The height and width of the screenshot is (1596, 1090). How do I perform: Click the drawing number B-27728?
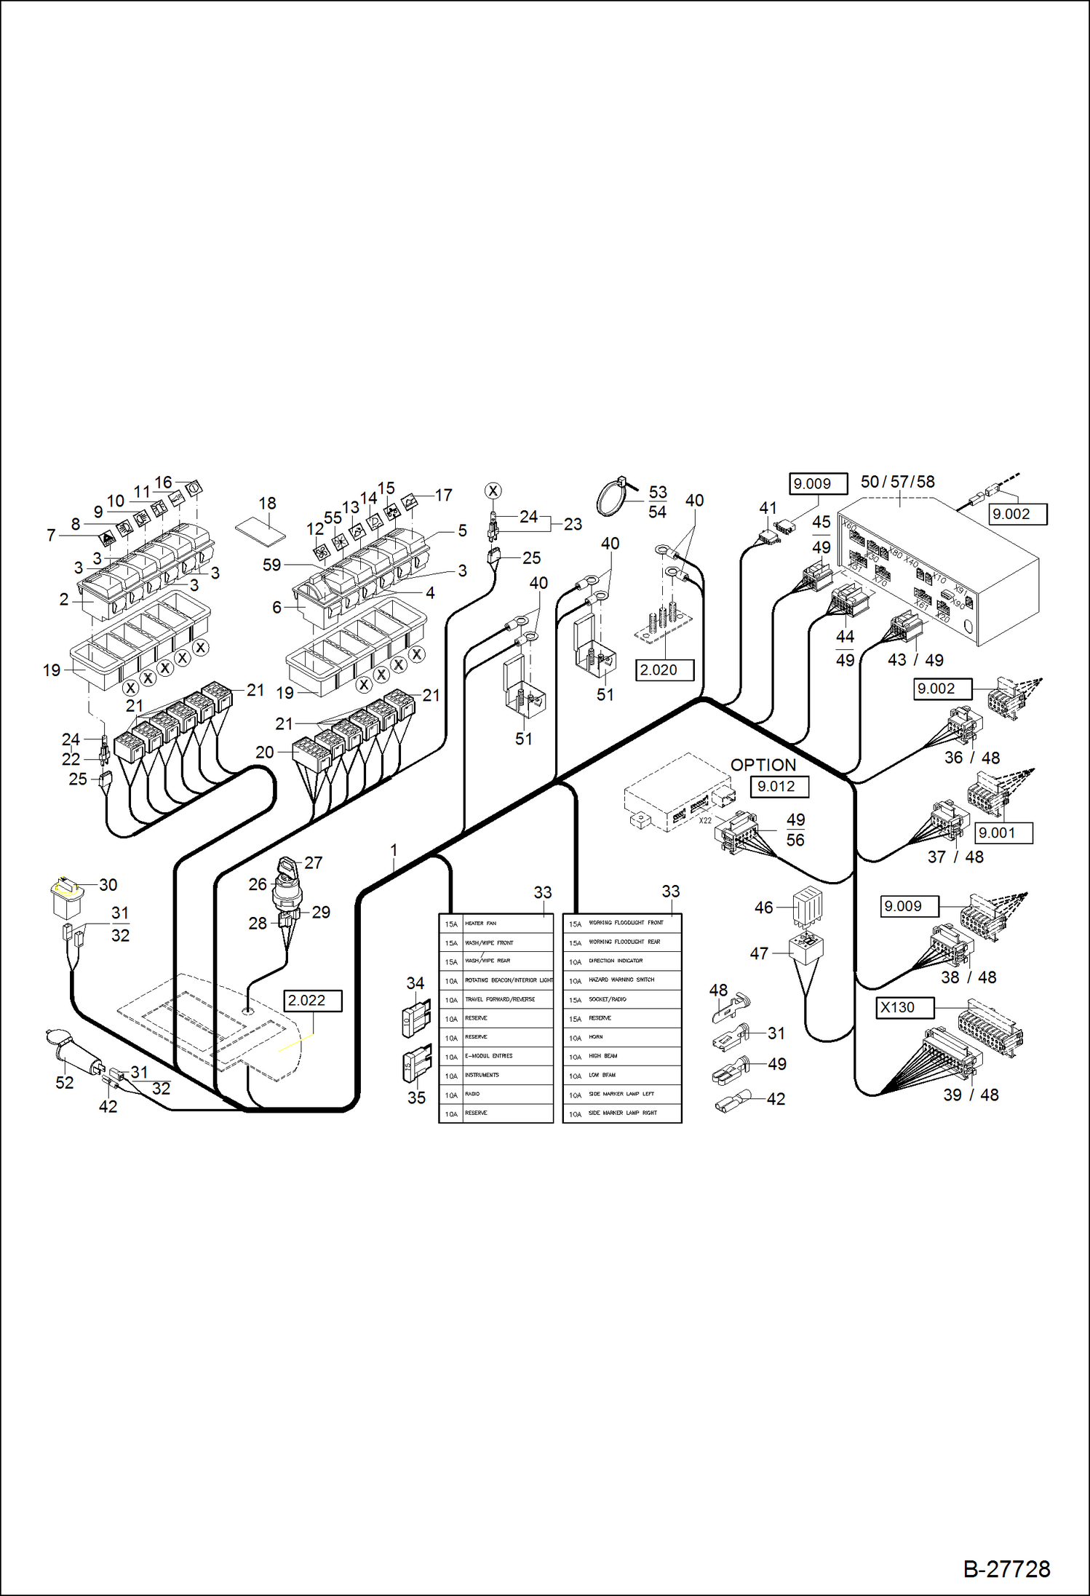1006,1568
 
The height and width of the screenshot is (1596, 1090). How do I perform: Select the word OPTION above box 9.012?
763,765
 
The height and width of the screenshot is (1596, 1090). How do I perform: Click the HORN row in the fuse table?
621,1037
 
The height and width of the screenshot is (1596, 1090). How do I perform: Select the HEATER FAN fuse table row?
496,924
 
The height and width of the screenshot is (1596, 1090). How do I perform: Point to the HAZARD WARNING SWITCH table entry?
621,980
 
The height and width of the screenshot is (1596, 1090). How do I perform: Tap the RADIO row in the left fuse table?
496,1094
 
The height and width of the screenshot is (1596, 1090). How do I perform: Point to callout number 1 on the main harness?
394,850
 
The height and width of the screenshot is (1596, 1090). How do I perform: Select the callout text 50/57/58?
897,482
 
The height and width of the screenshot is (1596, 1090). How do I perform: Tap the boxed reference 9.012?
779,787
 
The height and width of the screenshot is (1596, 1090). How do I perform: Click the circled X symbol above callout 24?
493,491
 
